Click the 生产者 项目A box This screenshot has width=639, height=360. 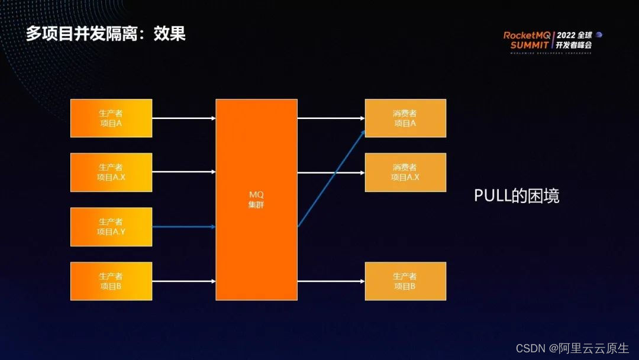[111, 118]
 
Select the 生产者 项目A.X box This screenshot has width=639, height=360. [111, 172]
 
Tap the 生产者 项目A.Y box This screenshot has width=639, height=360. [111, 227]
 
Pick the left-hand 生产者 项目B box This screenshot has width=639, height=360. [111, 281]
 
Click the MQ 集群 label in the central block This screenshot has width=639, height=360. [256, 200]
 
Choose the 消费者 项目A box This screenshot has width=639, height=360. [405, 118]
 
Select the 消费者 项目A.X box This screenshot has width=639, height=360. [405, 172]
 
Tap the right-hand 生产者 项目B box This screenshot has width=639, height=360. [405, 281]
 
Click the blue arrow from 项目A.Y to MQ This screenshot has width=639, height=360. [183, 227]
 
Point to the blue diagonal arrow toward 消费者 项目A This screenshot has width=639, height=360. [331, 177]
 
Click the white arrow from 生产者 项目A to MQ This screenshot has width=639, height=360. [183, 118]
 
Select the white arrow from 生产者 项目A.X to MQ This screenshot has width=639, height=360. [183, 172]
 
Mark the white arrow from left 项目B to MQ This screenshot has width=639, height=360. [183, 281]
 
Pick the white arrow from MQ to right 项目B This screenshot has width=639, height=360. [331, 281]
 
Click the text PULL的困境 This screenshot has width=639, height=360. [517, 196]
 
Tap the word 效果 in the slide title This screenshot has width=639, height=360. [170, 34]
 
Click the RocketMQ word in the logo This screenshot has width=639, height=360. [527, 36]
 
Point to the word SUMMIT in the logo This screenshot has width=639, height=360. [530, 45]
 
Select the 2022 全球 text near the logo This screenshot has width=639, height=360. [573, 35]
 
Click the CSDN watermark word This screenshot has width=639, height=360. [530, 349]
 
